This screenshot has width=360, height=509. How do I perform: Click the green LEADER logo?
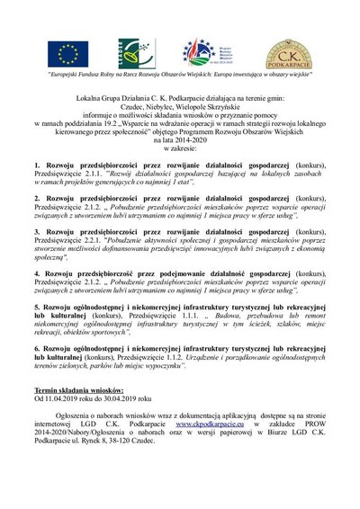point(130,55)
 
